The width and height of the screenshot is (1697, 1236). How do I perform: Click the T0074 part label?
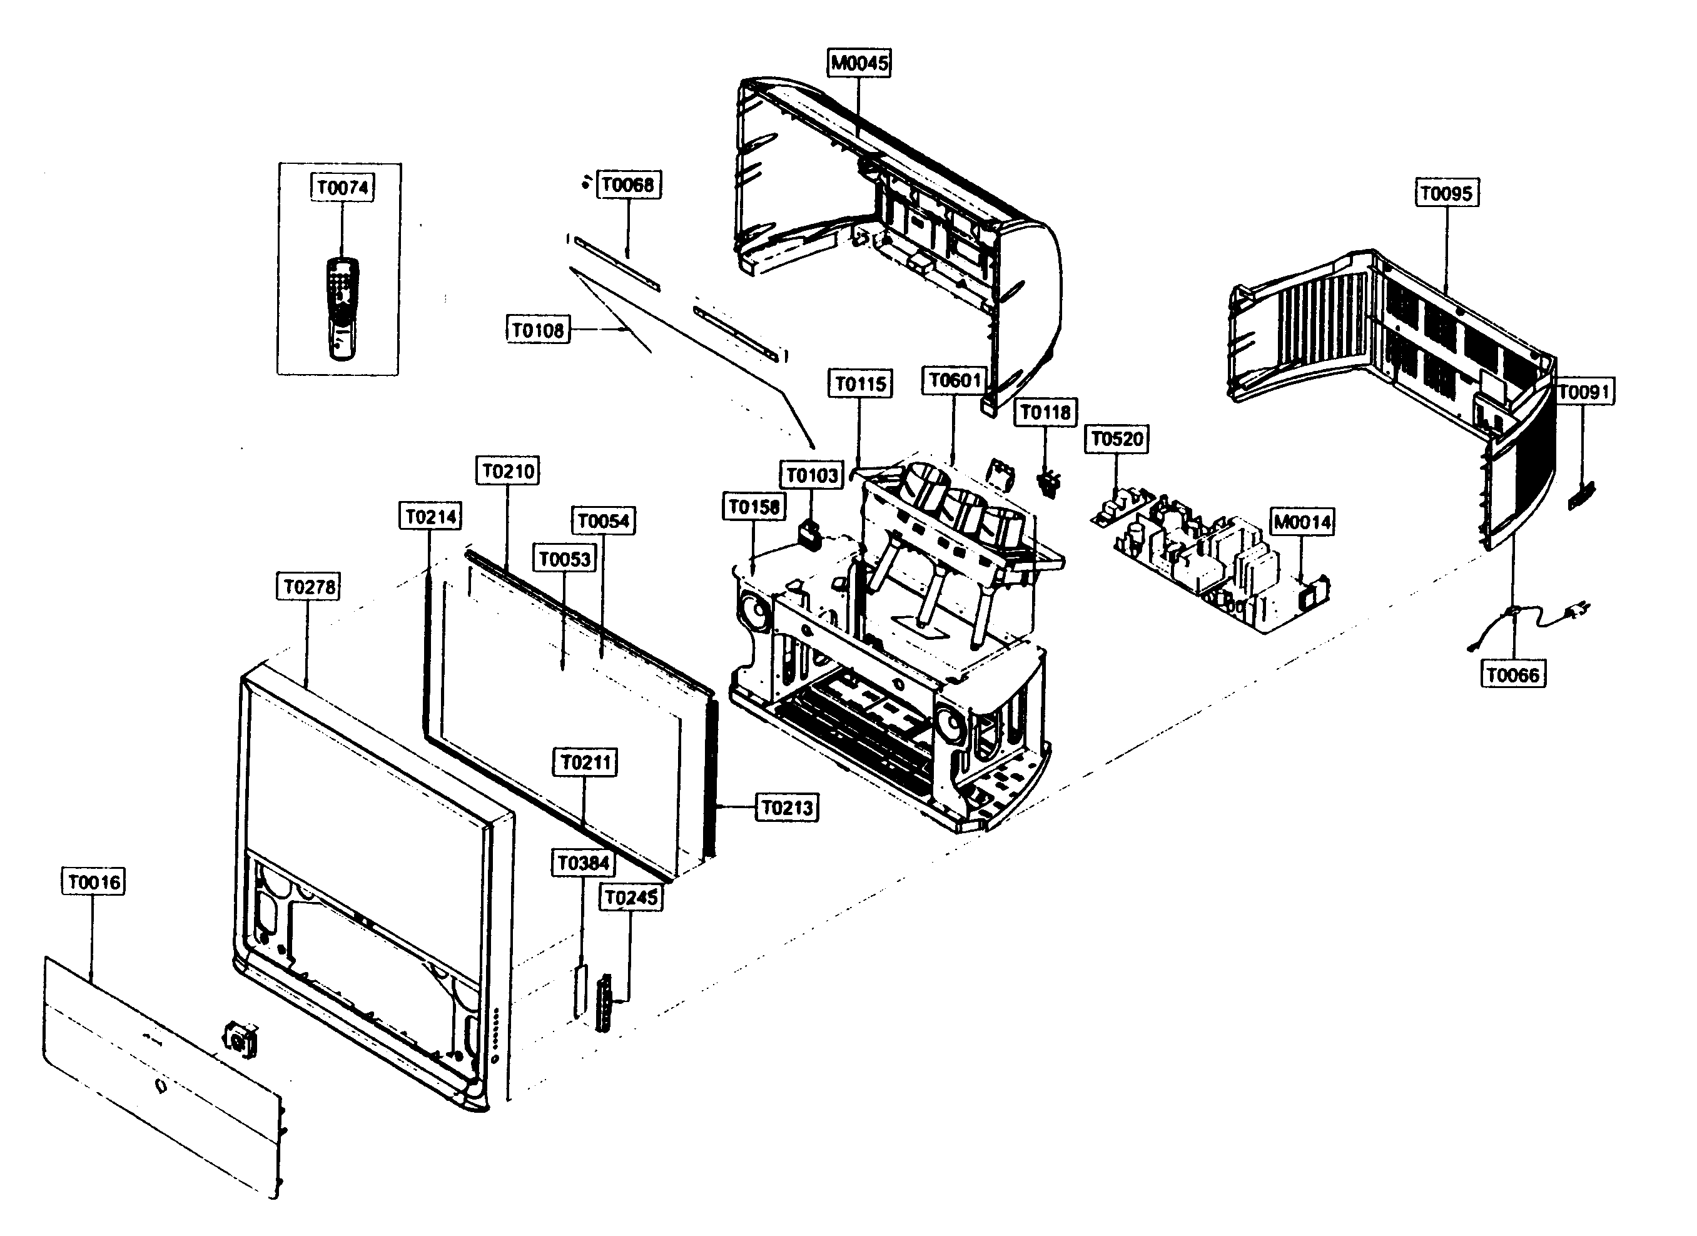click(x=343, y=187)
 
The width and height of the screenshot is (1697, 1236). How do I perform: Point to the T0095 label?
click(x=1446, y=193)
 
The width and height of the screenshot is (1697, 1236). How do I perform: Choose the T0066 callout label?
click(x=1512, y=675)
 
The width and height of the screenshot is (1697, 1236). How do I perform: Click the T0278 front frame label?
click(x=309, y=587)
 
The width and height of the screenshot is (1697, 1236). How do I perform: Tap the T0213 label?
click(x=786, y=808)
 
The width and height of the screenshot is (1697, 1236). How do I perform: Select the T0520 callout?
click(x=1117, y=438)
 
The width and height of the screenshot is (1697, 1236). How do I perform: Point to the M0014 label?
click(x=1302, y=522)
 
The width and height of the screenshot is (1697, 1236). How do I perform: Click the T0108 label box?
click(x=537, y=330)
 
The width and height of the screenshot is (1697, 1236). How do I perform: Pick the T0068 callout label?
click(x=628, y=185)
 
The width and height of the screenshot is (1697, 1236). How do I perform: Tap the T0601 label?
click(x=954, y=380)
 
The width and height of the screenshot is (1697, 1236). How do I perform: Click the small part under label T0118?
click(x=1050, y=483)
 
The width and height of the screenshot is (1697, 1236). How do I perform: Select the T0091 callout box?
click(x=1583, y=392)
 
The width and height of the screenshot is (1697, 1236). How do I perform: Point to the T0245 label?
click(x=630, y=897)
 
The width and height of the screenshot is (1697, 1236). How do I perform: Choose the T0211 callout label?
click(x=586, y=762)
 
